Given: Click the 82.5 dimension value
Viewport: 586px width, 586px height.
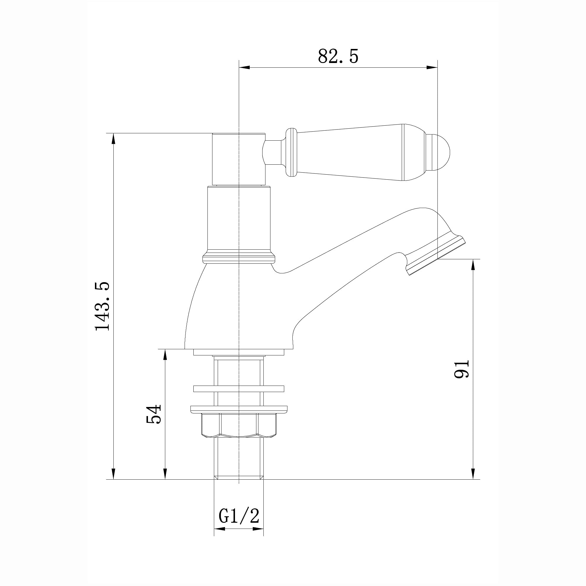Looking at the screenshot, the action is point(338,56).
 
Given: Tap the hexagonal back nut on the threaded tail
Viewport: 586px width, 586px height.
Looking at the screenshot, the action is point(239,425).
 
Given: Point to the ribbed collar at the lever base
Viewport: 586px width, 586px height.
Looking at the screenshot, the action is point(291,153).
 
